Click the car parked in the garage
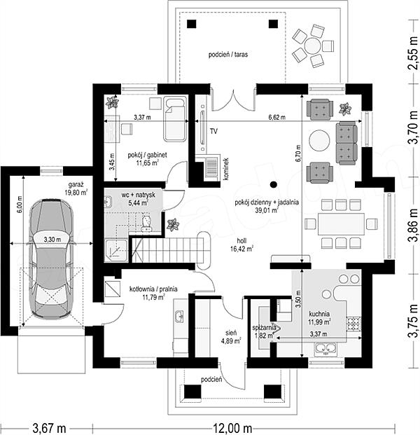click(51, 258)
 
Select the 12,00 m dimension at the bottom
click(232, 428)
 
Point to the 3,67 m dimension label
click(49, 428)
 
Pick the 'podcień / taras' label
click(228, 55)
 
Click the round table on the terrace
click(312, 46)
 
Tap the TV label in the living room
click(213, 131)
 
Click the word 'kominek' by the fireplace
click(226, 170)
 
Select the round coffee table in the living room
click(320, 140)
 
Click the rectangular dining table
click(341, 224)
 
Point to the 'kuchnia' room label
click(319, 314)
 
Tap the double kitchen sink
click(325, 348)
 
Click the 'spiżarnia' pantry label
click(264, 328)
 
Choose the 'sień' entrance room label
click(231, 333)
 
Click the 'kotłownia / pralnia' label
click(153, 289)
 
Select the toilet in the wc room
click(146, 223)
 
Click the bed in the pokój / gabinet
click(174, 119)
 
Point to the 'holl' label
click(241, 241)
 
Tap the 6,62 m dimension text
click(276, 118)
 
